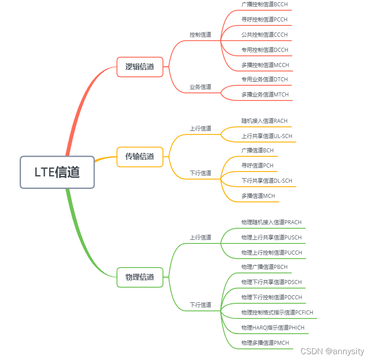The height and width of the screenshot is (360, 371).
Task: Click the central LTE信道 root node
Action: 57,172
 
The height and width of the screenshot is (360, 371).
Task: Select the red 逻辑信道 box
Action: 140,67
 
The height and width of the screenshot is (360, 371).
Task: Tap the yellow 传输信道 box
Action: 140,156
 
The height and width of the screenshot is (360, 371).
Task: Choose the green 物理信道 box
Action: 140,277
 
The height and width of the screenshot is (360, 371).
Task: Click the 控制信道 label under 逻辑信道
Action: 200,34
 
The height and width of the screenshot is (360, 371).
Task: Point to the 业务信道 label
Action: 200,87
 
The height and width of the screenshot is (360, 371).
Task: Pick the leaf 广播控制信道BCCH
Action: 265,4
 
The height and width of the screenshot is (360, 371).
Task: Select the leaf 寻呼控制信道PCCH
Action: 264,19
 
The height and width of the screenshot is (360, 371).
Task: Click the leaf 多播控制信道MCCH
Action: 265,65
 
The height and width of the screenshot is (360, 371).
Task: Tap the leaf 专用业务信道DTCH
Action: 265,79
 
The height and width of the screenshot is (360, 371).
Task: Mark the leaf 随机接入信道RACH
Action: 264,121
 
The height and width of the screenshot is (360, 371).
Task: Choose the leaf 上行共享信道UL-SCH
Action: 267,136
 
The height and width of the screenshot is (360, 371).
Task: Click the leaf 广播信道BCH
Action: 258,151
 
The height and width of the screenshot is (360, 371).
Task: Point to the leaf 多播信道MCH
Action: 258,196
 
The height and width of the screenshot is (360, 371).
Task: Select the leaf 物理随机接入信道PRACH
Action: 271,222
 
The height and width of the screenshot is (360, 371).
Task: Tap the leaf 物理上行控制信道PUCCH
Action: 271,252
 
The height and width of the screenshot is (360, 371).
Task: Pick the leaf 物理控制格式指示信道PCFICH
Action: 277,312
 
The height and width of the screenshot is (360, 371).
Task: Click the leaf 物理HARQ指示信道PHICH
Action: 273,327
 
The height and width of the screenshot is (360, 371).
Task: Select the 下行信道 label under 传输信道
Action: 200,173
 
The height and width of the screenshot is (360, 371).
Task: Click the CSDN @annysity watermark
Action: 332,351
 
